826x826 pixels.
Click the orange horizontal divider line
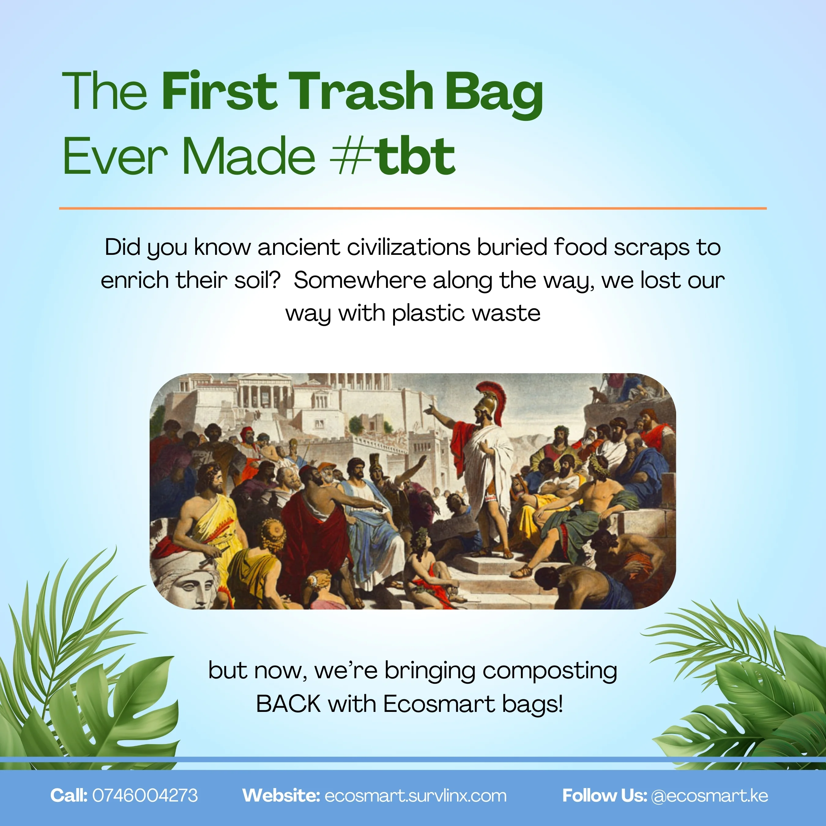point(413,208)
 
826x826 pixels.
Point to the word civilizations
point(408,247)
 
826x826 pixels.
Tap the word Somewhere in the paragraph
point(360,281)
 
